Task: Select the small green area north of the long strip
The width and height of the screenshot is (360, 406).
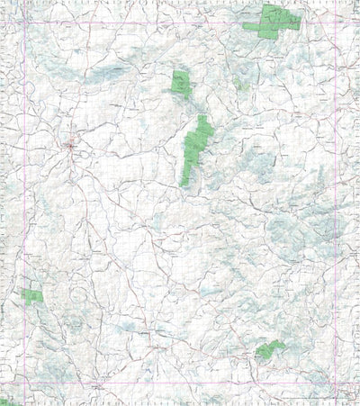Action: pos(181,83)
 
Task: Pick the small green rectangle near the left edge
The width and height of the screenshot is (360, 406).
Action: pos(33,295)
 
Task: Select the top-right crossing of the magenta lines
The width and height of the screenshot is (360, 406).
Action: pos(337,23)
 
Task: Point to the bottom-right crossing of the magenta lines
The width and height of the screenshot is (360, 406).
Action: pos(337,388)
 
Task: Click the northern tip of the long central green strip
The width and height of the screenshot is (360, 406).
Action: pos(203,116)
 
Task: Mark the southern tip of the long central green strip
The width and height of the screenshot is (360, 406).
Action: pos(184,185)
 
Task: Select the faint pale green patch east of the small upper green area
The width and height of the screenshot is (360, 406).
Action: pos(237,83)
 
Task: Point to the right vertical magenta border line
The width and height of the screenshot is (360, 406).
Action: pos(337,207)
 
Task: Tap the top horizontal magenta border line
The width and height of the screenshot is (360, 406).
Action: pos(180,23)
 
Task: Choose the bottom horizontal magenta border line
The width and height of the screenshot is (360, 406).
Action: pos(180,388)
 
